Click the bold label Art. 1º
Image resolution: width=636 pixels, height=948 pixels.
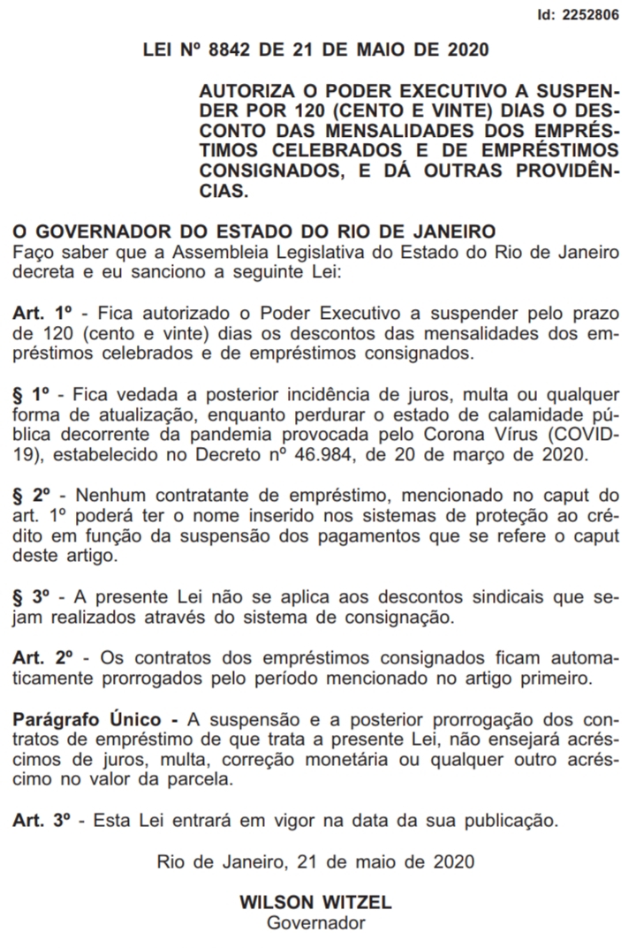(x=42, y=314)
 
